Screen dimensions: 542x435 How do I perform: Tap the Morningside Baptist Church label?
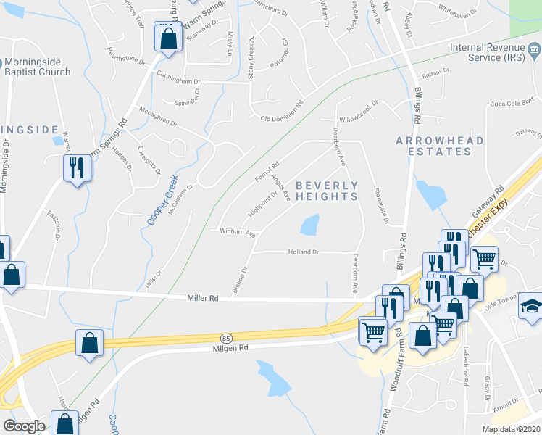(x=36, y=67)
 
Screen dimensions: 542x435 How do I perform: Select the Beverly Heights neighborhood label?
(x=327, y=191)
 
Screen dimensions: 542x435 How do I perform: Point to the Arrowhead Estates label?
(x=434, y=145)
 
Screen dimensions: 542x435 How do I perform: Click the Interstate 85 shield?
(x=226, y=338)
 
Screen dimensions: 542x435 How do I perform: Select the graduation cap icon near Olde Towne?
(x=532, y=306)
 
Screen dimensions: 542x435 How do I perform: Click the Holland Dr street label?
(x=305, y=252)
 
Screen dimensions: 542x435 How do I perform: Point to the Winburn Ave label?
(x=239, y=233)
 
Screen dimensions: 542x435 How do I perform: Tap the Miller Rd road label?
(x=203, y=298)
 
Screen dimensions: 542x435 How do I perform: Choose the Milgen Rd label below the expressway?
(x=231, y=349)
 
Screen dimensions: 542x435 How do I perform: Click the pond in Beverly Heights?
(x=310, y=225)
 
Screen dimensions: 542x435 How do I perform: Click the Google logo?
(x=24, y=426)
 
